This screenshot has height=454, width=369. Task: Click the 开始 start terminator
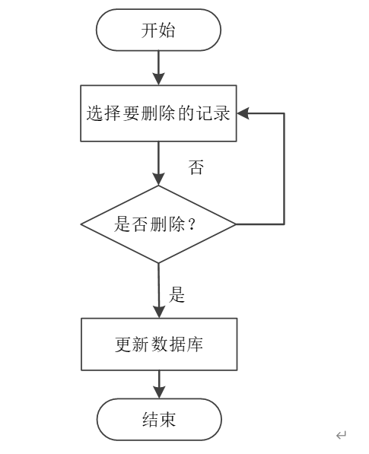click(158, 30)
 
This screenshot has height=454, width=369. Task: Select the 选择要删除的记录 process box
click(158, 113)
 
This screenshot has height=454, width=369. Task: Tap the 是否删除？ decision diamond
click(158, 224)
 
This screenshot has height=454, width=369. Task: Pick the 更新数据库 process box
click(159, 344)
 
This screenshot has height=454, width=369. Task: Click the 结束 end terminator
click(159, 420)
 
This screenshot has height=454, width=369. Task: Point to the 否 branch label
click(196, 167)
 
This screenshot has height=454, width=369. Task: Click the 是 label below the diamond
click(177, 295)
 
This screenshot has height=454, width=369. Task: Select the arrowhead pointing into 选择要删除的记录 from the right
click(243, 113)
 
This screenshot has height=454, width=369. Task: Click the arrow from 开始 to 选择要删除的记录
click(158, 68)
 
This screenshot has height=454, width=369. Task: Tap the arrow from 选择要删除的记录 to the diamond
click(158, 164)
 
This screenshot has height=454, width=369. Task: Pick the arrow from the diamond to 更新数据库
click(159, 290)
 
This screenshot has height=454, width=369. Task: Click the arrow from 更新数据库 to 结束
click(159, 385)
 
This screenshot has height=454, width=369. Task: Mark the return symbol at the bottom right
click(341, 435)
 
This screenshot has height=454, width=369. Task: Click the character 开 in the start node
click(149, 30)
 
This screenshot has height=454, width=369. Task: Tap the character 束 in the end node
click(167, 420)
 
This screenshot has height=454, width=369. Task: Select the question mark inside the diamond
click(192, 224)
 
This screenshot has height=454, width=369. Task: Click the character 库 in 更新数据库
click(194, 344)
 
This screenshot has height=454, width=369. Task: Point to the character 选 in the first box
click(95, 113)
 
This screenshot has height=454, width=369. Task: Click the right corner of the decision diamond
click(236, 224)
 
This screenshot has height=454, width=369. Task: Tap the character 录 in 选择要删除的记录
click(221, 113)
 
